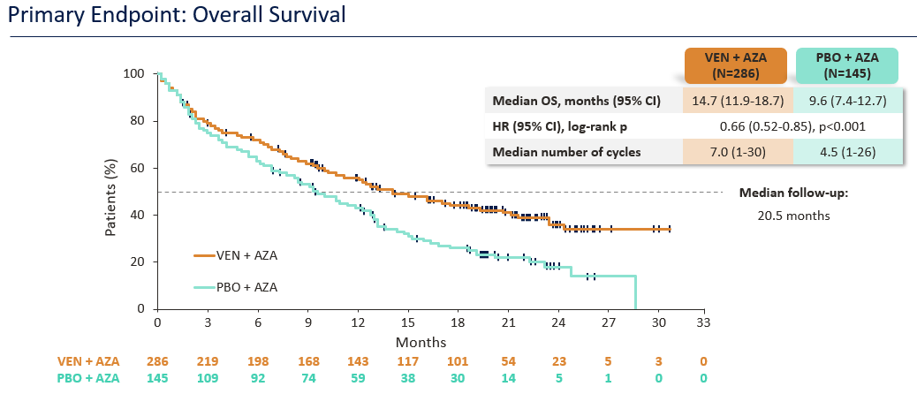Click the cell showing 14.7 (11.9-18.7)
point(738,101)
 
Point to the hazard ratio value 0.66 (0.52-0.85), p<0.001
point(792,125)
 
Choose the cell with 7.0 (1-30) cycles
point(738,151)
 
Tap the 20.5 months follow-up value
point(793,214)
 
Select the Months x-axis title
point(421,341)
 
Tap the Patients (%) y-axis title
point(111,192)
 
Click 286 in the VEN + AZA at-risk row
point(157,361)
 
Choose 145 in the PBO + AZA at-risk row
point(157,378)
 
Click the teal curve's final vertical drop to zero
point(636,293)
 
